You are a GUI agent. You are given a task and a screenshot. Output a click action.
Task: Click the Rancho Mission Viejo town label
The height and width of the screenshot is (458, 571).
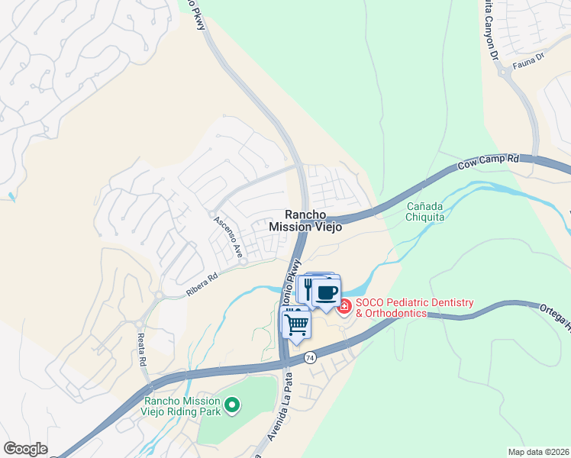[305, 221]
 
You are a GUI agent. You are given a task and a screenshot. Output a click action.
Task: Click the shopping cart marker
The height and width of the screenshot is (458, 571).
[296, 324]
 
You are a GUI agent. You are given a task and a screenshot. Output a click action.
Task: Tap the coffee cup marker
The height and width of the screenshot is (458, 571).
[327, 292]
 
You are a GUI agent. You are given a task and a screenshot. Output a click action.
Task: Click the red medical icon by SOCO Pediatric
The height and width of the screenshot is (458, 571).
[344, 307]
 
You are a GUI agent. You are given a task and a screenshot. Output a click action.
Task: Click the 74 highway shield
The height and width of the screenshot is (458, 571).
[310, 356]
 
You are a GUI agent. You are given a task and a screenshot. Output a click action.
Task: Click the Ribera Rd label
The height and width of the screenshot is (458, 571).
[202, 284]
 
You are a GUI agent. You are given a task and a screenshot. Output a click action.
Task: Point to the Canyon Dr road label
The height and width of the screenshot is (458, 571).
[492, 30]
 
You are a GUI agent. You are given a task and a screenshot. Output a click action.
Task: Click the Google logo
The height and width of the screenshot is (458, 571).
[26, 449]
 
